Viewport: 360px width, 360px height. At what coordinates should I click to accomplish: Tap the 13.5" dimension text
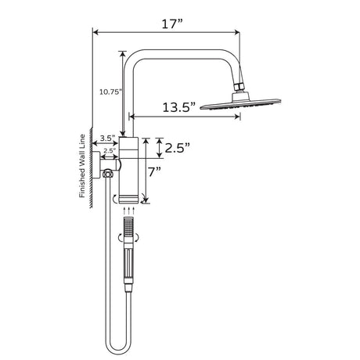click(177, 109)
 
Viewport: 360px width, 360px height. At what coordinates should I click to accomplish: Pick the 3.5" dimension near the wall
click(106, 138)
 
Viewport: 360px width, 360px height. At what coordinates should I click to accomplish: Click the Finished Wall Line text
click(81, 167)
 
